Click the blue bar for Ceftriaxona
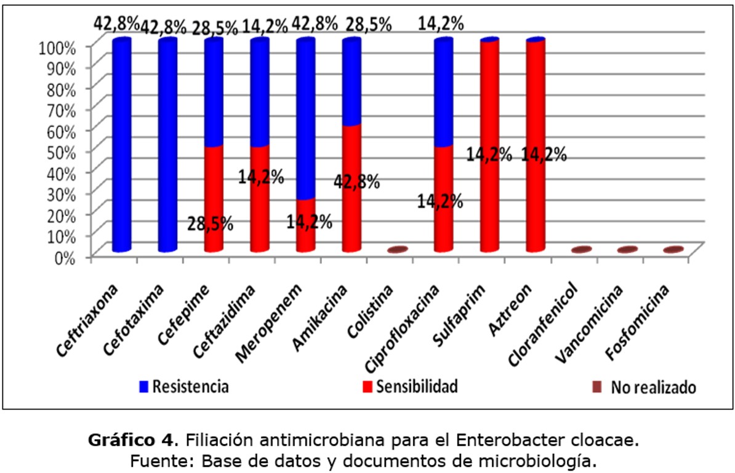click(121, 145)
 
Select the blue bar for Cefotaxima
click(167, 145)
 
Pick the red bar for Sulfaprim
click(489, 145)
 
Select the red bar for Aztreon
click(536, 145)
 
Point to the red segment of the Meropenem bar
click(305, 225)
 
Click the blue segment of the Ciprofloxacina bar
click(444, 92)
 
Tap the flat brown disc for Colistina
click(398, 250)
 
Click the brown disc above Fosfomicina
click(673, 250)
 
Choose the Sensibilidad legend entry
click(410, 387)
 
